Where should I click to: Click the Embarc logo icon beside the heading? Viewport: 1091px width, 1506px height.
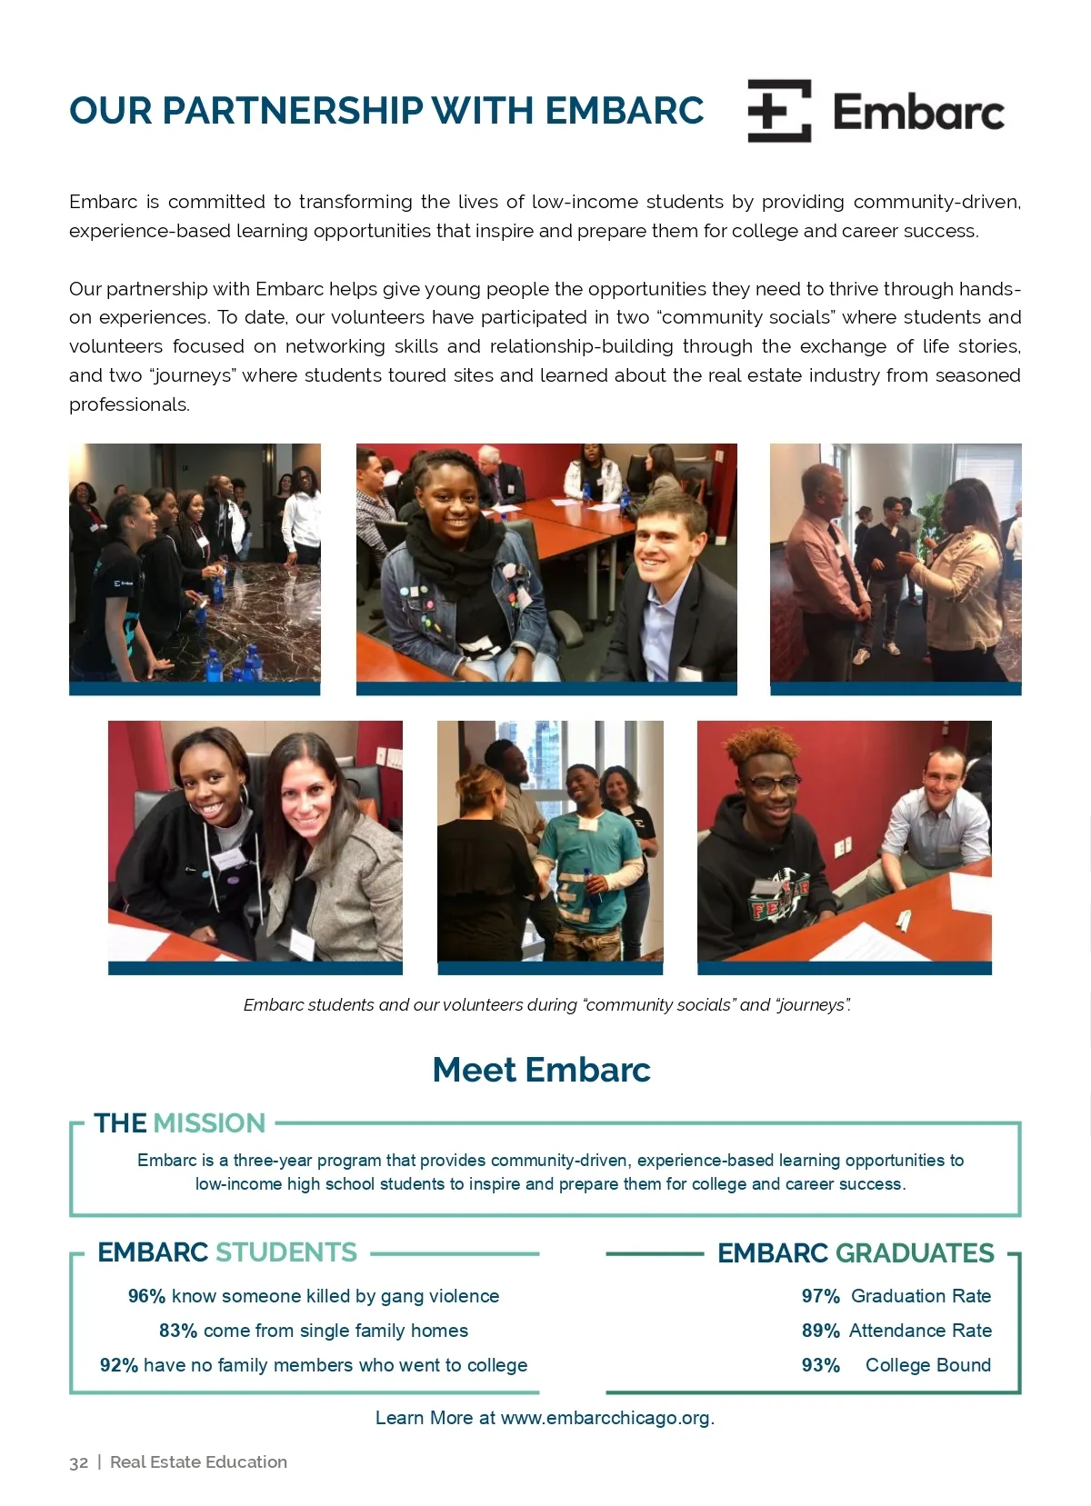tap(779, 111)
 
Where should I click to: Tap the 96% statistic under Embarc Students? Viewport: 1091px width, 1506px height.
tap(146, 1296)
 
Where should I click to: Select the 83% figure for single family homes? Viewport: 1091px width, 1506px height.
tap(178, 1331)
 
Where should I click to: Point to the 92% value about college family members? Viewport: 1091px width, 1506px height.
tap(119, 1365)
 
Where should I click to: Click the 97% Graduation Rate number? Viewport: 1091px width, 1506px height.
tap(820, 1296)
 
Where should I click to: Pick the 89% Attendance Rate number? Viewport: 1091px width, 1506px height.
tap(820, 1331)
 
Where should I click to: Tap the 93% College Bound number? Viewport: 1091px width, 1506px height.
tap(820, 1365)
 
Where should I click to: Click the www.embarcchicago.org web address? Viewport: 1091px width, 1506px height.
tap(606, 1418)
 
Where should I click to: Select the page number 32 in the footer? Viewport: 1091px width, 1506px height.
tap(79, 1462)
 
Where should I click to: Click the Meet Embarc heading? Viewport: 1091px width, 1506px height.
tap(542, 1070)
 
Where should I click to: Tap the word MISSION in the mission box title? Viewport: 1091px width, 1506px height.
tap(210, 1123)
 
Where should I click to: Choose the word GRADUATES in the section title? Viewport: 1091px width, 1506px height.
tap(915, 1253)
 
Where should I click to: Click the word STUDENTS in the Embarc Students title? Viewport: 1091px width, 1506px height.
tap(285, 1252)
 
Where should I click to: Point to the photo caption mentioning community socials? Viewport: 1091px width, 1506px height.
tap(546, 1005)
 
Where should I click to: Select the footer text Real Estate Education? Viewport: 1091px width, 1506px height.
tap(198, 1462)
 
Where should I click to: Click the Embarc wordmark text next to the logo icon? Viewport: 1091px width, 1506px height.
tap(918, 113)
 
